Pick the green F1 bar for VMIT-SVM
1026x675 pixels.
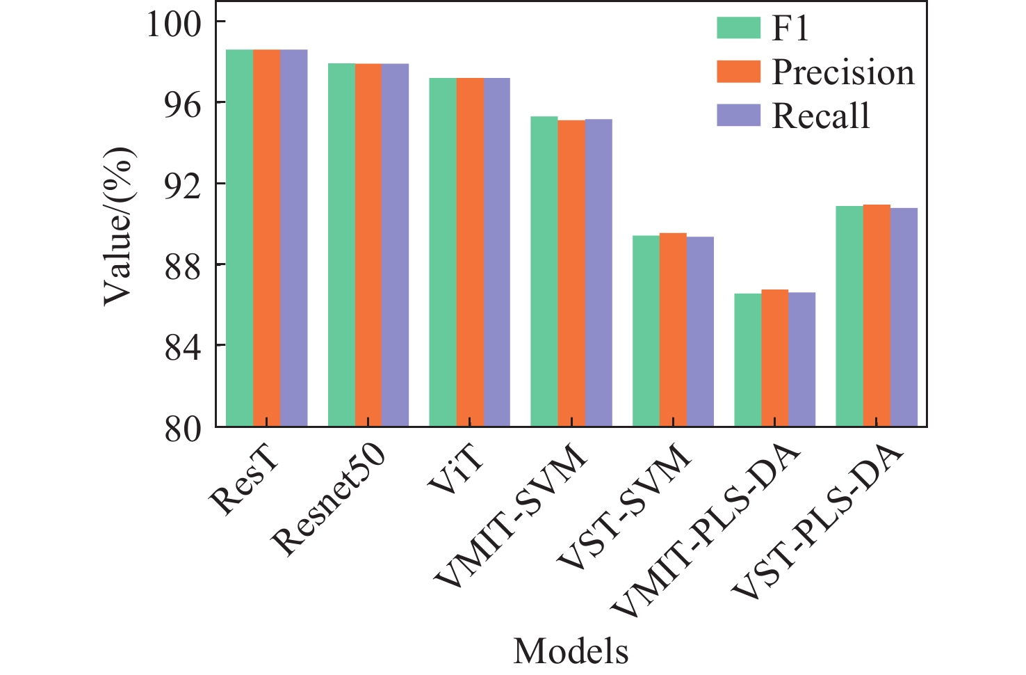[x=544, y=271]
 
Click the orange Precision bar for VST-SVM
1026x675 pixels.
[x=673, y=330]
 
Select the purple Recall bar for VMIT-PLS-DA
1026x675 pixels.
[x=801, y=359]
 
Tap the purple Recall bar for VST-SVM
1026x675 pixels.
[x=700, y=331]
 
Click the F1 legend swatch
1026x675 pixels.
[x=738, y=28]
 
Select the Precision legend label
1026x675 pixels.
[x=843, y=72]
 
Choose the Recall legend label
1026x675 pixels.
[x=821, y=116]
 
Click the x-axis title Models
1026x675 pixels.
[x=571, y=651]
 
